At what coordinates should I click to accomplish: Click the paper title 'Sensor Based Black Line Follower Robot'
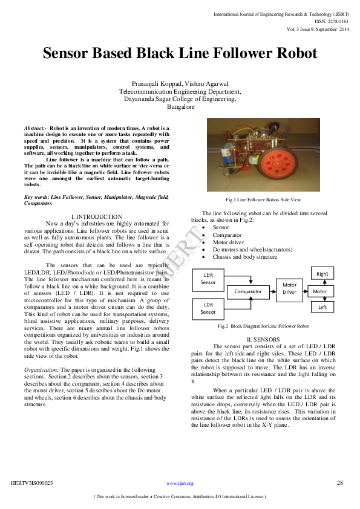click(x=180, y=53)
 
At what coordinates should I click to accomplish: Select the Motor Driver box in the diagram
click(x=289, y=288)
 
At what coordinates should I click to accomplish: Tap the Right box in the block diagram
click(x=322, y=274)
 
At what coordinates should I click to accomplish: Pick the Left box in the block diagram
click(x=322, y=307)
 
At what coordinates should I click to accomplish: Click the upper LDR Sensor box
click(x=208, y=279)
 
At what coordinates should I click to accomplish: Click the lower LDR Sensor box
click(x=208, y=308)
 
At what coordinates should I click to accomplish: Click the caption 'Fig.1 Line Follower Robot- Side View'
click(x=263, y=199)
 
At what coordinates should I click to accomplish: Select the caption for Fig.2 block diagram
click(x=263, y=326)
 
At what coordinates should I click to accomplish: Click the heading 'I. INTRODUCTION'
click(x=96, y=216)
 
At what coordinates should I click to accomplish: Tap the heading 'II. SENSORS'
click(x=263, y=339)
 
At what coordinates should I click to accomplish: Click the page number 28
click(x=339, y=483)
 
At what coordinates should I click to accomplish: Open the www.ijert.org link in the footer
click(x=180, y=484)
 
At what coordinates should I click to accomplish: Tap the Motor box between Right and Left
click(x=319, y=291)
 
